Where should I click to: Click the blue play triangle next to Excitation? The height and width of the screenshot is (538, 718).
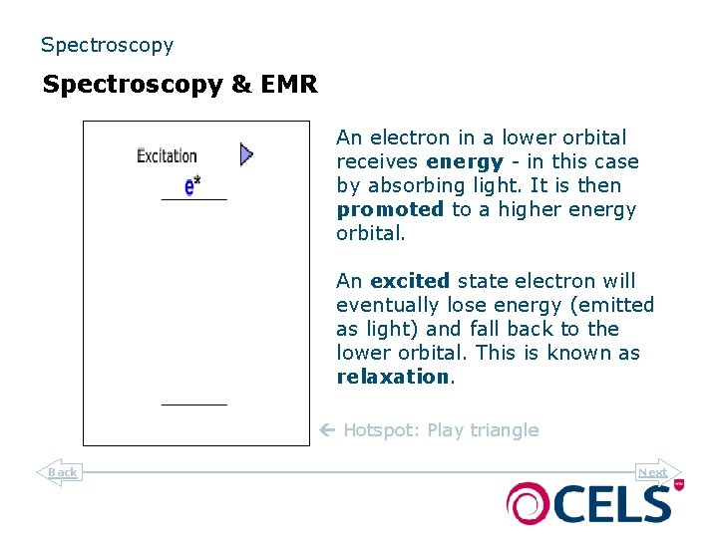(246, 154)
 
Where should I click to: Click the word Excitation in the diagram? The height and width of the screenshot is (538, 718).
(167, 155)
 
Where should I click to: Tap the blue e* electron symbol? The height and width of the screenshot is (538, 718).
(192, 185)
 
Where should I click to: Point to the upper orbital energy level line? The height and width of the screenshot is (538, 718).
(194, 200)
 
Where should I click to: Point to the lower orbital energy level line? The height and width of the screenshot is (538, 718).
(194, 404)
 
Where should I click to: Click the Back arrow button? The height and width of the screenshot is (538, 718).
(59, 472)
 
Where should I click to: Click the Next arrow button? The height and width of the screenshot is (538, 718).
(656, 472)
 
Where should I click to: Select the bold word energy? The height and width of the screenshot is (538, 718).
(464, 161)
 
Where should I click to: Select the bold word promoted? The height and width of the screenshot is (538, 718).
(390, 209)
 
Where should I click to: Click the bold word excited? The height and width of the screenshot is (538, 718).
(410, 281)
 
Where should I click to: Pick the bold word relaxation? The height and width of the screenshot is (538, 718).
(393, 377)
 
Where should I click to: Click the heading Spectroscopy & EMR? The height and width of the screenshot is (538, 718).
(179, 85)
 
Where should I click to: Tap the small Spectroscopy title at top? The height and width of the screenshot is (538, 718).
(107, 45)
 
